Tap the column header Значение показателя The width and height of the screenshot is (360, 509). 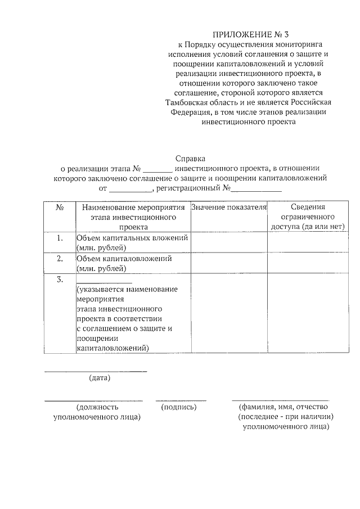pyautogui.click(x=228, y=208)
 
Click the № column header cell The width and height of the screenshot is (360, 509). pyautogui.click(x=60, y=208)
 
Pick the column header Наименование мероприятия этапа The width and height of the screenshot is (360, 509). pyautogui.click(x=133, y=217)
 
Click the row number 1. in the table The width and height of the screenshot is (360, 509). pyautogui.click(x=60, y=238)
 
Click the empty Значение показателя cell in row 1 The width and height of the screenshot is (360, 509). pyautogui.click(x=228, y=242)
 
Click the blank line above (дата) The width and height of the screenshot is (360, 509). pyautogui.click(x=96, y=370)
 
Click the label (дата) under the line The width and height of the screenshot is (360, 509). pyautogui.click(x=100, y=378)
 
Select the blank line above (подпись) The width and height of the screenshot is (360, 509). pyautogui.click(x=181, y=399)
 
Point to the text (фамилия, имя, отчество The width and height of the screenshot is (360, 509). pyautogui.click(x=283, y=407)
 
